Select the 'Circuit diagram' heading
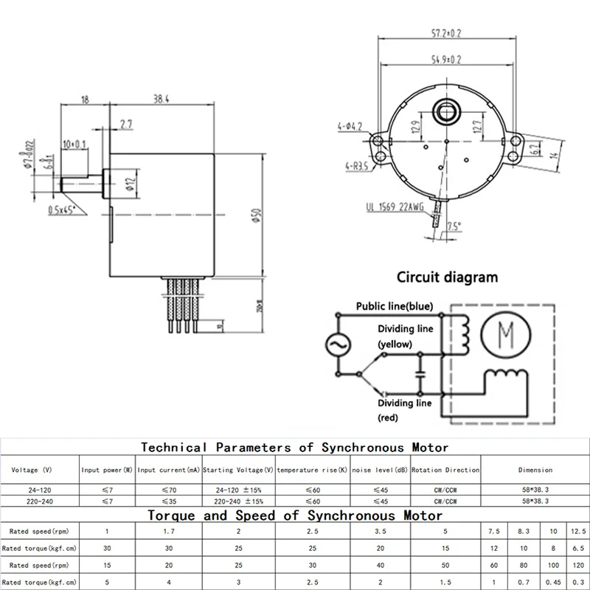[447, 278]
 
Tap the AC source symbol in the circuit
[338, 344]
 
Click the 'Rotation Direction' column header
[445, 470]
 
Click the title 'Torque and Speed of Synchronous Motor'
[295, 515]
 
